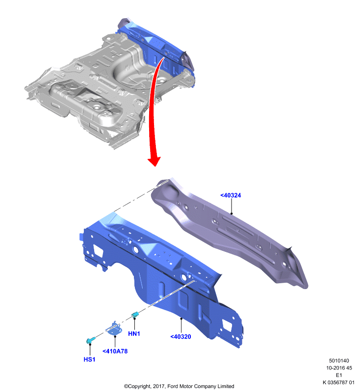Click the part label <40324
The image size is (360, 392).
coord(231,195)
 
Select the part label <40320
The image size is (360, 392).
coord(180,337)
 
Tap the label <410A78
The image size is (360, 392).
coord(115,351)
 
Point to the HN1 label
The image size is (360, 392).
coord(134,334)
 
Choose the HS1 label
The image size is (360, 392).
coord(89,359)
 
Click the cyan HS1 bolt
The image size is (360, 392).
coord(90,340)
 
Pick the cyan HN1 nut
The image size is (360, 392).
coord(135,314)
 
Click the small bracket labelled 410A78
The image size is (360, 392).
coord(115,328)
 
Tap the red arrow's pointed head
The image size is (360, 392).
coord(154,161)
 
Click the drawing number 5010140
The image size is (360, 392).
coord(339,361)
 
